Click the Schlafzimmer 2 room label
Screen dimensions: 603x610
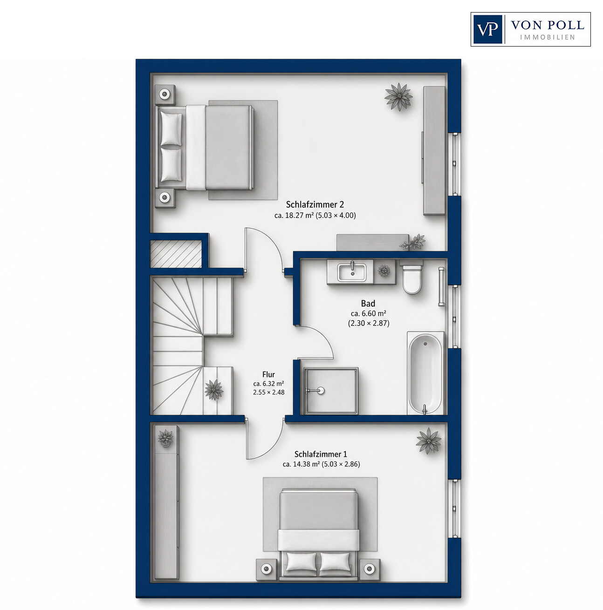315,204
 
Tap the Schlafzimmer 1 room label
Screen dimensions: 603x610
321,454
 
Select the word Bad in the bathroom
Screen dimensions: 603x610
368,304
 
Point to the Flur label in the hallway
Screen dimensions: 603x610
268,374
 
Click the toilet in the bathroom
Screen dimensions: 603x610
411,277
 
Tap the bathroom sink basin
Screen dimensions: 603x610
352,272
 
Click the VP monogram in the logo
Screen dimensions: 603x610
487,29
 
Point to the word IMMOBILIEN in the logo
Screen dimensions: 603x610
548,37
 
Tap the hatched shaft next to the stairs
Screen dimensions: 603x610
176,254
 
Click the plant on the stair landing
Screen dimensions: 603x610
214,389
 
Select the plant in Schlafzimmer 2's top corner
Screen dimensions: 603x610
398,96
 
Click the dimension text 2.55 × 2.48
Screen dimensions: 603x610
269,392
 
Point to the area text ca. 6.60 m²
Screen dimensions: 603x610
368,313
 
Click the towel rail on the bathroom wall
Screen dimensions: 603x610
441,287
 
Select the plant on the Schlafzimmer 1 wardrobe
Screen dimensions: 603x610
165,438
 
